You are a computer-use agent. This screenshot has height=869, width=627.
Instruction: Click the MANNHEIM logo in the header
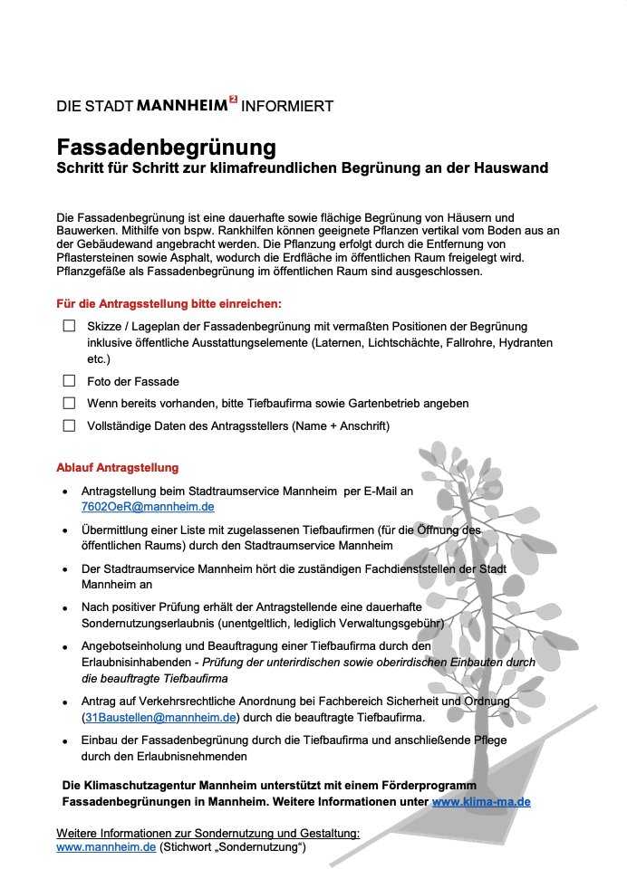(187, 105)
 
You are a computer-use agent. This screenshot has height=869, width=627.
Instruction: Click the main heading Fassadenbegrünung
(166, 147)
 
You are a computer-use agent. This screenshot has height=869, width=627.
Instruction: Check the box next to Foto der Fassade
(69, 381)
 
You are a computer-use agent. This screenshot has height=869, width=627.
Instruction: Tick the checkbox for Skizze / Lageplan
(69, 326)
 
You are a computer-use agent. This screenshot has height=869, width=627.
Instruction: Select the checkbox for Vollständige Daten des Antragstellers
(69, 425)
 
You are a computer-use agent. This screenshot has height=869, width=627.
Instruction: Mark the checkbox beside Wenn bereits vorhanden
(69, 403)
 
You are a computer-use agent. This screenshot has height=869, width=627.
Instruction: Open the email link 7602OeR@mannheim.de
(148, 507)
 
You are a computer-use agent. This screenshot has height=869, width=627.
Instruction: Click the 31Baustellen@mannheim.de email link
(160, 717)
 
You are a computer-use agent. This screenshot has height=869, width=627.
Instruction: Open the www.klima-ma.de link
(481, 801)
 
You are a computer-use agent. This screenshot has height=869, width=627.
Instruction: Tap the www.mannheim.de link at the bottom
(106, 847)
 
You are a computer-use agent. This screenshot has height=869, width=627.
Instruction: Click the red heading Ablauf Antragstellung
(118, 468)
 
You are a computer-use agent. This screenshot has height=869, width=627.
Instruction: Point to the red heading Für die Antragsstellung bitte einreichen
(169, 304)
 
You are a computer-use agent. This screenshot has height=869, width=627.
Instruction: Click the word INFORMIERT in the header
(287, 106)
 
